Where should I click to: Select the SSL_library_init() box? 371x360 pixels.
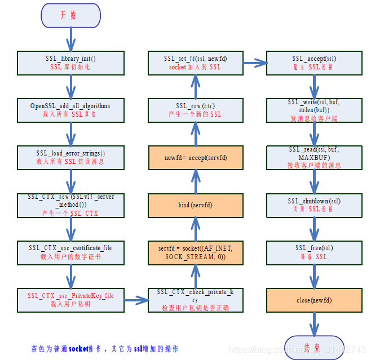70,63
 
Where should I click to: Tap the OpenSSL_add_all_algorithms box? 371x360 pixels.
70,110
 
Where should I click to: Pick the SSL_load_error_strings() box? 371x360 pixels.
70,157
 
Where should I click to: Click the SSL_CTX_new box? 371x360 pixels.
70,205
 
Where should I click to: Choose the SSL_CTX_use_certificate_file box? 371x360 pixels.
70,252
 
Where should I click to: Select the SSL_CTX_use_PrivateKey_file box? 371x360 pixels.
70,300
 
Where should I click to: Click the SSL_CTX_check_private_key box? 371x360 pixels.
195,300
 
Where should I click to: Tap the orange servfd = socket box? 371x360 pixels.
195,252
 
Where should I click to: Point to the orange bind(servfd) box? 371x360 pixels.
195,205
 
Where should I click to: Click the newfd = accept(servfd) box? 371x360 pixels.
195,158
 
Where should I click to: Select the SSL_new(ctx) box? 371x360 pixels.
195,110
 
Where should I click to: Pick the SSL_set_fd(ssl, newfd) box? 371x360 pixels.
195,63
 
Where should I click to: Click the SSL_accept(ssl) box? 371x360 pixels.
314,63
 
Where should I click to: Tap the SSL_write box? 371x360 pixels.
314,110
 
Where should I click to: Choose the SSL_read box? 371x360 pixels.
314,157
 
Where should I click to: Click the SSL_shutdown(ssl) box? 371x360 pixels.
314,205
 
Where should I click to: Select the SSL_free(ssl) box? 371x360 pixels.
314,252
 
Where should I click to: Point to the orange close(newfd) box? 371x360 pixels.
314,300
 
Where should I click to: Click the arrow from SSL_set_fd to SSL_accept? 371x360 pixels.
254,62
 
